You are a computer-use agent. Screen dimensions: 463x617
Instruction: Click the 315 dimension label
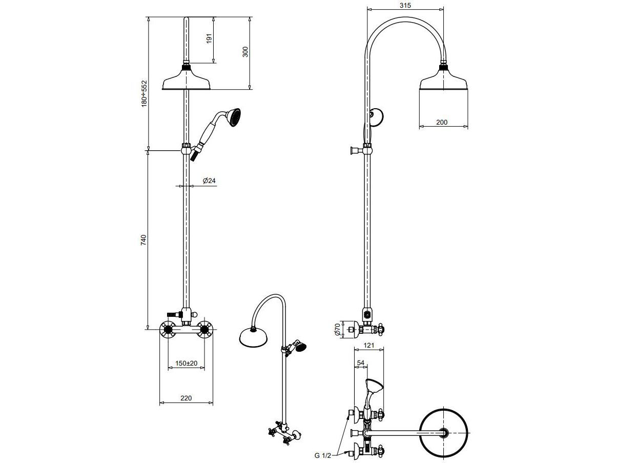click(405, 5)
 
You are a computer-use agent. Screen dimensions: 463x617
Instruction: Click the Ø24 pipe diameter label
click(208, 180)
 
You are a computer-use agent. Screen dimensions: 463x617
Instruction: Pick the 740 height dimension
click(143, 240)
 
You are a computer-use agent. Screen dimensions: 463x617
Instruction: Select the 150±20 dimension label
click(186, 363)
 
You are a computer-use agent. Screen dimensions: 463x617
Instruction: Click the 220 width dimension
click(186, 398)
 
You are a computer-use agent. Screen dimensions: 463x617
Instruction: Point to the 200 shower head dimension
click(442, 122)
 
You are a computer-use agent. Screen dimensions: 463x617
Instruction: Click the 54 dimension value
click(360, 363)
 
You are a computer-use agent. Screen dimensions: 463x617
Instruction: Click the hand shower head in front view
click(233, 117)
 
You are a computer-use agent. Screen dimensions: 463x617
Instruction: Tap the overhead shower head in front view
click(186, 82)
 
